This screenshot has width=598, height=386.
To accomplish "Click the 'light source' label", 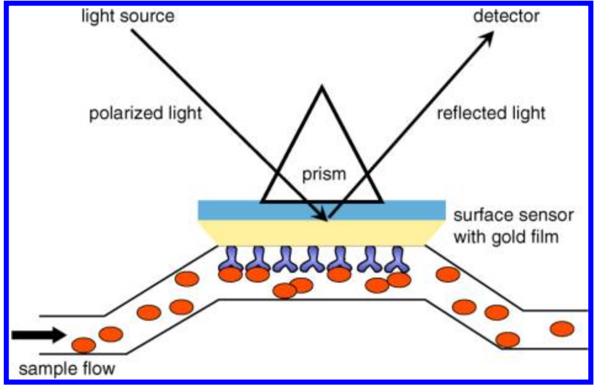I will [x=127, y=16].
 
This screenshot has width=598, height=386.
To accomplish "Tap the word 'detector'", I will [x=506, y=16].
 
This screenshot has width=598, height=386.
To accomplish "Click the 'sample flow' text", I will [x=67, y=369].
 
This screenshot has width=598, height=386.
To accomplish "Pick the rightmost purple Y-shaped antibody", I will [x=398, y=261].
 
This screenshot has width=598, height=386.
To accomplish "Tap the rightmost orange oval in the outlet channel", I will [x=562, y=328].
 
